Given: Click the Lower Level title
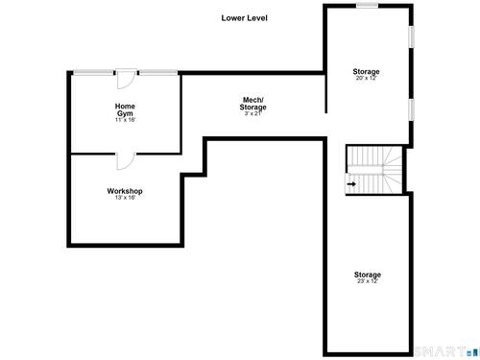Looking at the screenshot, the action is pos(244,18).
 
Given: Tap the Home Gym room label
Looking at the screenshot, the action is pos(125,109).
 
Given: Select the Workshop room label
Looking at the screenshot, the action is pos(125,191).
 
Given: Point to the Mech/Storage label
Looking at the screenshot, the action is pos(252,104).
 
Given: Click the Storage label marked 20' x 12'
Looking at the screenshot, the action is pos(366,71).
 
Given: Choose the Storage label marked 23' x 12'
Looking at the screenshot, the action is pos(368,275).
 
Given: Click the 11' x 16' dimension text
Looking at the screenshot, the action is pos(125,120).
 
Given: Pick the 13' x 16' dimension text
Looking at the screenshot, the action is pos(125,198).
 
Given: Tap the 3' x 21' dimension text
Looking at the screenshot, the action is pos(253,113).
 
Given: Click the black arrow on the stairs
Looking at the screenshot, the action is pos(351,184).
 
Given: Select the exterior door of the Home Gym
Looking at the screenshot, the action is pos(126,79).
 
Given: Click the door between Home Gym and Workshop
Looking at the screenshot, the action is pos(126,160).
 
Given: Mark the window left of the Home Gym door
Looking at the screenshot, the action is pos(93,73).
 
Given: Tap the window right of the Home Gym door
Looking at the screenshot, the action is pos(158,73).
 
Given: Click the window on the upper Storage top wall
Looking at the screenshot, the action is pos(367,5).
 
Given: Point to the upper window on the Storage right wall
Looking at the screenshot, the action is pos(411,36).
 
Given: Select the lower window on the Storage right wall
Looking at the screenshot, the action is pos(411,109).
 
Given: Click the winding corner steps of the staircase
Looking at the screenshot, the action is pos(393,170).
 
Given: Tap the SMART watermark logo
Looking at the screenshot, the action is pos(445,351).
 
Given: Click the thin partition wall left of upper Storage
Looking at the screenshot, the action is pos(325,93).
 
